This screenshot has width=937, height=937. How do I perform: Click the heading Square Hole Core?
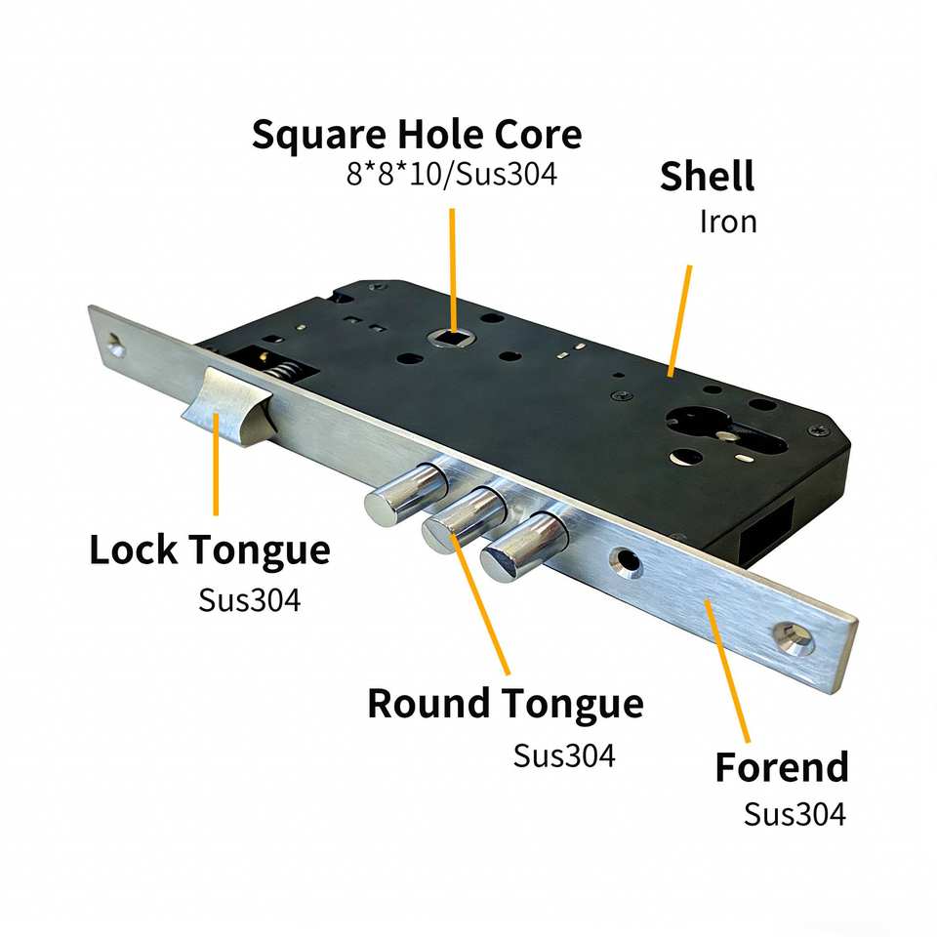[416, 134]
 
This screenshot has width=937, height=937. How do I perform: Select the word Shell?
[708, 177]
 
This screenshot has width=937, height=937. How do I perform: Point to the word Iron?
[728, 222]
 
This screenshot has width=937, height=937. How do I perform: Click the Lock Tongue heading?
[210, 550]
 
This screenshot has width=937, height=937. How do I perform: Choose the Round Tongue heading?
[505, 703]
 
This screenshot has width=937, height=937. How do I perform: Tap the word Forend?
[781, 767]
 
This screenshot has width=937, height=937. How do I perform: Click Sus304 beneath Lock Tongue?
[249, 598]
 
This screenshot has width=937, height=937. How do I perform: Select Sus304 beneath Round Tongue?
[564, 755]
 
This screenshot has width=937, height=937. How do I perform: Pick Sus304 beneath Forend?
[794, 814]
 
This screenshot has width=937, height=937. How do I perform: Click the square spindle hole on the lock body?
[452, 339]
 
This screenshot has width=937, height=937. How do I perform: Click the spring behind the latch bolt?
[280, 372]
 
